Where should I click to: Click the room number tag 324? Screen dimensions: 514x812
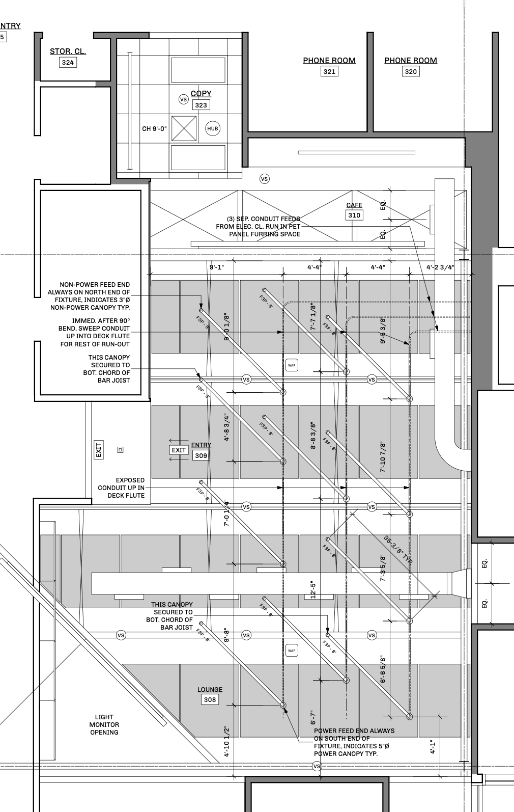68,63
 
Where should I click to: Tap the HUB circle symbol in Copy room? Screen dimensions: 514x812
213,128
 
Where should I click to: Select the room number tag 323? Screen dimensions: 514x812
201,105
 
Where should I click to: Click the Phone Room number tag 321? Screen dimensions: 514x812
329,71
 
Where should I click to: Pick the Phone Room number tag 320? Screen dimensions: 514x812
411,71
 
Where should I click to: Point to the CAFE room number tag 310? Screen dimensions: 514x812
354,215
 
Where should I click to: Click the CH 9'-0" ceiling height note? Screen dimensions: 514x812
154,129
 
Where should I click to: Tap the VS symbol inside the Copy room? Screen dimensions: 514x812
184,99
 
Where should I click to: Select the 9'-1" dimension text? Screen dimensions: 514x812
216,267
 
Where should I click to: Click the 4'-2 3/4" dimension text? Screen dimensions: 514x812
440,267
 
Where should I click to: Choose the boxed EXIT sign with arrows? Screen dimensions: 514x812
179,450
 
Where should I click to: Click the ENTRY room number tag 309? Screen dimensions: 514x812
201,455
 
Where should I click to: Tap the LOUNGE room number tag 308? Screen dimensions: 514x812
210,699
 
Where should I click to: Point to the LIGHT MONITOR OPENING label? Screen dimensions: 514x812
104,724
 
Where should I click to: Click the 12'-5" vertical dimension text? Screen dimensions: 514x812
313,590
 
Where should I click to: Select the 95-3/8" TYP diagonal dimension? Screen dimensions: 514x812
398,548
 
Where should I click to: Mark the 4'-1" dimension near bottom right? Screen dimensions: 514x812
433,747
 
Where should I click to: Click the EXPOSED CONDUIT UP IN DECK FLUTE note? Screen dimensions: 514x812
121,488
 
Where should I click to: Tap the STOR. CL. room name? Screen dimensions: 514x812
68,51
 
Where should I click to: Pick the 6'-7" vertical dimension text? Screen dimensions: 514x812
313,718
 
